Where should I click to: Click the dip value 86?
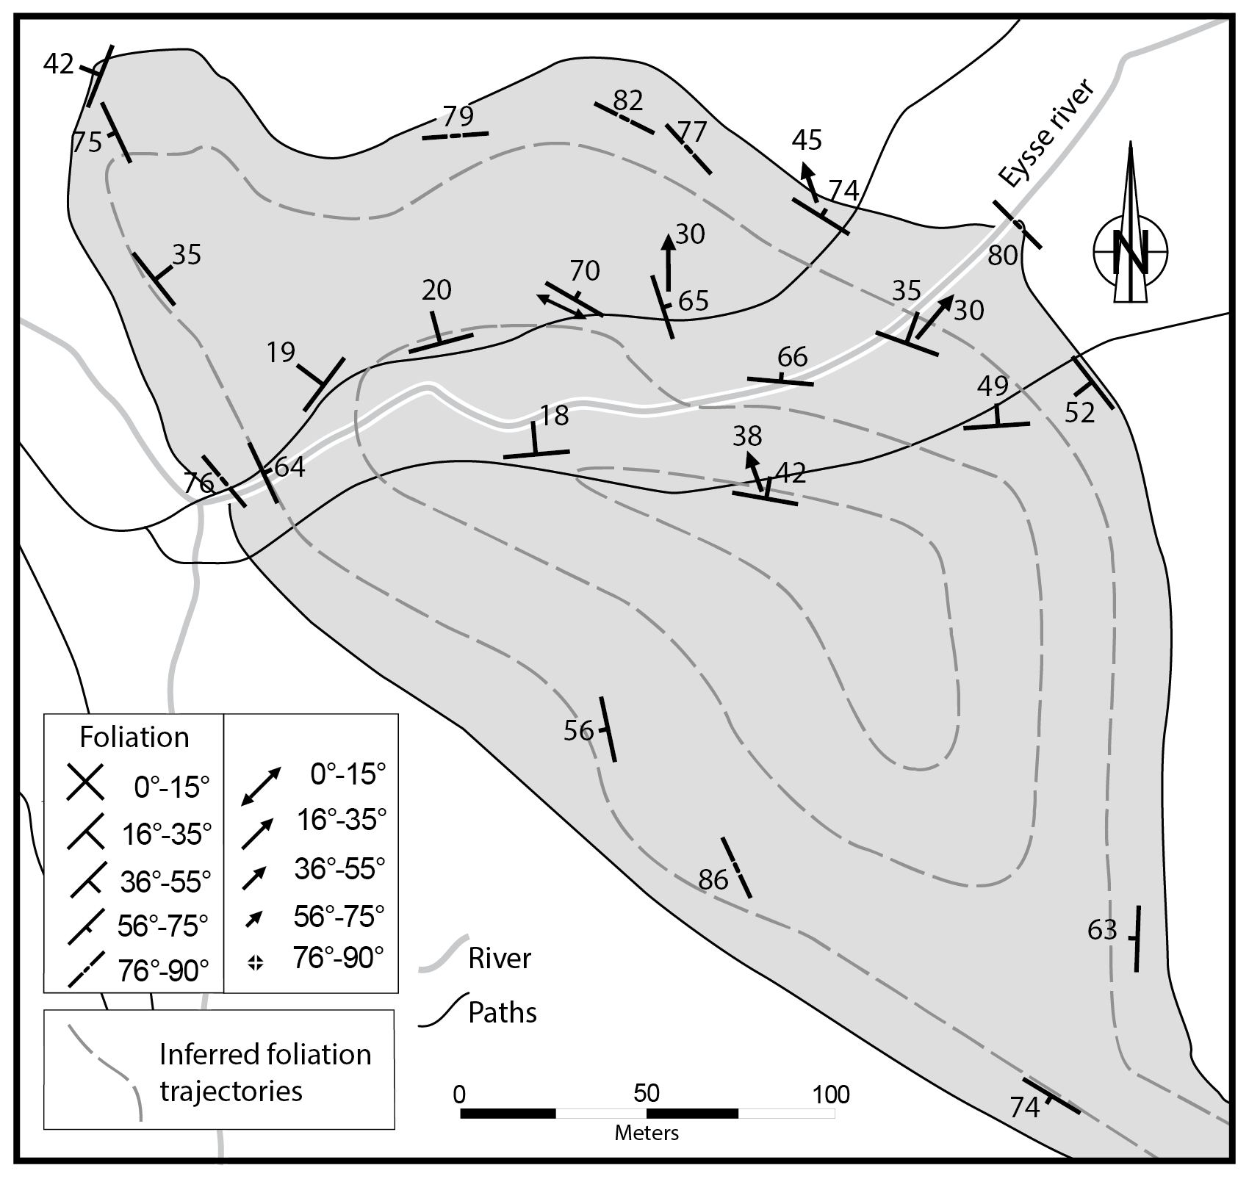click(713, 879)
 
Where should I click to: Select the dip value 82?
click(627, 99)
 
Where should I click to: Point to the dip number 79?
click(458, 115)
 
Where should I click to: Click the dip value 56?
click(579, 730)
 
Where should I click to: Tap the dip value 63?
click(1102, 930)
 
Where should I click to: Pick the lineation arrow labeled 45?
click(810, 180)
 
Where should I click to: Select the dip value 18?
click(555, 415)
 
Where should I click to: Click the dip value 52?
click(1080, 412)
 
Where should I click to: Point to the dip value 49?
click(993, 386)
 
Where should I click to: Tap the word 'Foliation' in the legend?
click(134, 737)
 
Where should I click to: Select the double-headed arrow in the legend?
click(261, 785)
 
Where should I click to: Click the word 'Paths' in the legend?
click(503, 1012)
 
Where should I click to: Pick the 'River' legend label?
click(500, 958)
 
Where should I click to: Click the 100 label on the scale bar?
click(831, 1095)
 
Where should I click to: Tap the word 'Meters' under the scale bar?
click(647, 1133)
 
